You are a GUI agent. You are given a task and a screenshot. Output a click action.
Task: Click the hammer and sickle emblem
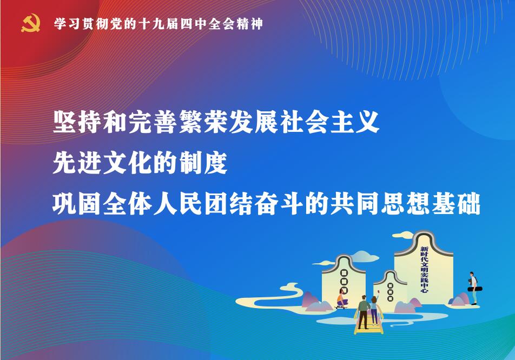point(30,23)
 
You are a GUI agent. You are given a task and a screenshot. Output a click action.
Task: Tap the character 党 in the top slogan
point(117,24)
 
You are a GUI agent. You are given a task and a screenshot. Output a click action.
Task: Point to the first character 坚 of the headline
point(65,122)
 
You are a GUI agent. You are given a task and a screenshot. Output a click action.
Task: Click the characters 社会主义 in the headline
point(329,122)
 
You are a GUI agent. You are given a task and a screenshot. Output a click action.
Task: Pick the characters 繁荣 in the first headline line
point(203,122)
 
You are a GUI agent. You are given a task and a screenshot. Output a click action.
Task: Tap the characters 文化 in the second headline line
point(128,163)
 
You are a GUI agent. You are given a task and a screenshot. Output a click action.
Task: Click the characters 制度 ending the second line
point(203,163)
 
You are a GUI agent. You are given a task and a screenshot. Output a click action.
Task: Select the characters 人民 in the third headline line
point(179,204)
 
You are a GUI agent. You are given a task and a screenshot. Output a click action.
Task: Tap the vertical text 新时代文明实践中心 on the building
point(424,269)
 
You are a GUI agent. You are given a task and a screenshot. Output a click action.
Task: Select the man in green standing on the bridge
point(364,312)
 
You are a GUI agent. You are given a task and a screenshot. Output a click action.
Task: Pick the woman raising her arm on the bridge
point(374,310)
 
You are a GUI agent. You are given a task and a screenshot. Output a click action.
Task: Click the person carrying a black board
point(474,288)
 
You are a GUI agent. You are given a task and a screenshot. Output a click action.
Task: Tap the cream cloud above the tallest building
point(402,234)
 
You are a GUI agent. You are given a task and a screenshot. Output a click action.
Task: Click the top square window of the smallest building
point(390,286)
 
